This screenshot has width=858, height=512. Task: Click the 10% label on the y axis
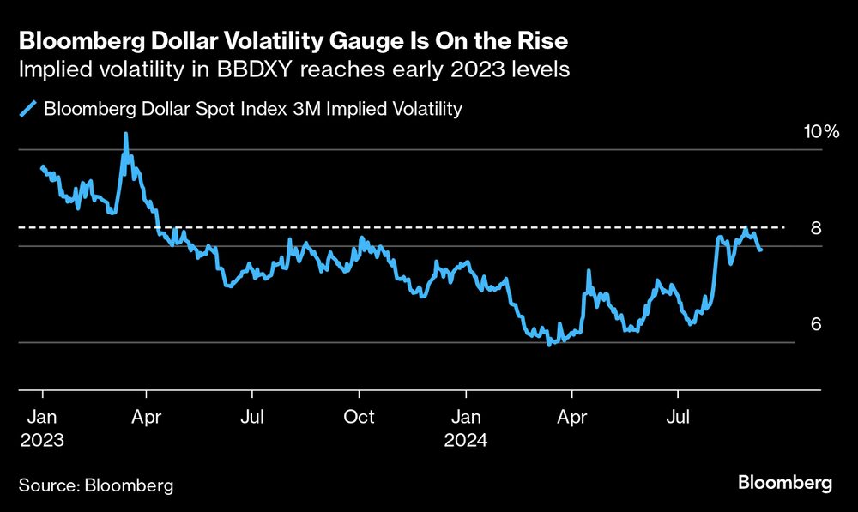(820, 131)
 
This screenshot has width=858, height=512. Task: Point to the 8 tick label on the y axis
(817, 228)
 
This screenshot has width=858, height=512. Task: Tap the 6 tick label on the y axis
(817, 324)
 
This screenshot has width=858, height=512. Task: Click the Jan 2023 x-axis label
(42, 428)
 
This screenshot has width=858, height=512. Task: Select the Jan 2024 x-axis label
(466, 428)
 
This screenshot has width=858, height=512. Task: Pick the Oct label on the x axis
(359, 417)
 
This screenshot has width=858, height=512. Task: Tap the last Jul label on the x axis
(678, 417)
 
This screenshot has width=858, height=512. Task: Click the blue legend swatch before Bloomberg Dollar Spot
(29, 109)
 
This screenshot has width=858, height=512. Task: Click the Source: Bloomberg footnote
(96, 485)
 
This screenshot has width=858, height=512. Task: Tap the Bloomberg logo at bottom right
(784, 483)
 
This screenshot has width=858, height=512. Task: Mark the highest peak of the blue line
(126, 134)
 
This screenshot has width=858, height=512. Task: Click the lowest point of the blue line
(550, 344)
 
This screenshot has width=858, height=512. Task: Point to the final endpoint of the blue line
(761, 250)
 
